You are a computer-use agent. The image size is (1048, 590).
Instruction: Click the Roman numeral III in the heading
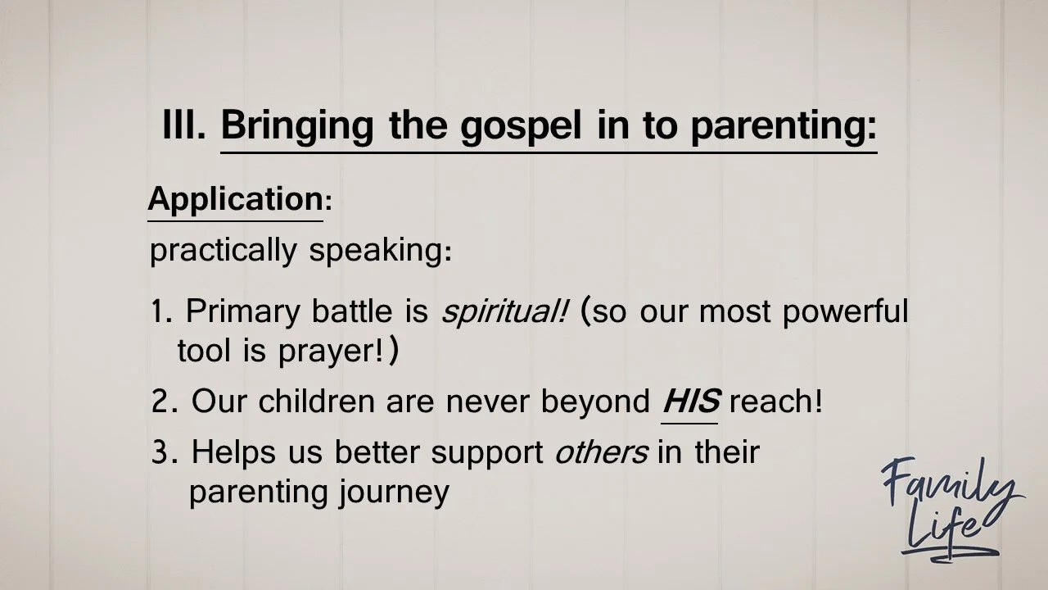tap(184, 126)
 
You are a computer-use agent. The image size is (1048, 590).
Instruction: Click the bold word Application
tap(235, 200)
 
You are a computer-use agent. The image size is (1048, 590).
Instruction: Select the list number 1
tap(158, 312)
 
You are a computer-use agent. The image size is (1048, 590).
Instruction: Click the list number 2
tap(161, 402)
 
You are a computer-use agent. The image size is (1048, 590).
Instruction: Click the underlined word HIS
tap(690, 402)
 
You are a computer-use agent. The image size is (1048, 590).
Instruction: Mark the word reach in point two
tap(773, 402)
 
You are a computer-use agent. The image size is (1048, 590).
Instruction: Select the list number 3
tap(161, 452)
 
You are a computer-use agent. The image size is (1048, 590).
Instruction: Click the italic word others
tap(601, 452)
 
